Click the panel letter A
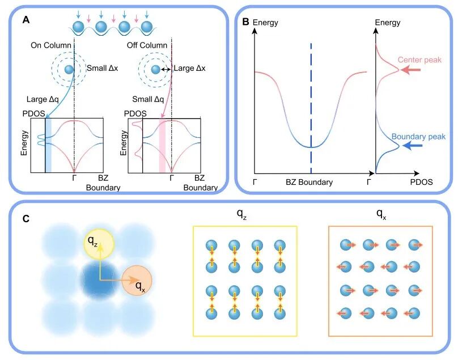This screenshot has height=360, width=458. point(26,20)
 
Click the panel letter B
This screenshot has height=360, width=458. point(246,22)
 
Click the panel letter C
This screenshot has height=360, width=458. point(26,219)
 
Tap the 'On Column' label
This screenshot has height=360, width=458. point(51,45)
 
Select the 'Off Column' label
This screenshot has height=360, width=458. point(147,45)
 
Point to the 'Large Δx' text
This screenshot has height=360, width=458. point(189,68)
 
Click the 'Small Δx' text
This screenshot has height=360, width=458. point(102,68)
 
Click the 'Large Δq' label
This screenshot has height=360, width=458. point(43,99)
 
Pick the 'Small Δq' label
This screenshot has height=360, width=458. point(148,99)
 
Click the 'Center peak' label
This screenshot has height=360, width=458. point(419,60)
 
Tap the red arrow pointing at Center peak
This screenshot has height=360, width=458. point(411,70)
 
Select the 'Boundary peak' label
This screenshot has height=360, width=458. point(418,137)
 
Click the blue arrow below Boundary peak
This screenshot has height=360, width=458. point(412,146)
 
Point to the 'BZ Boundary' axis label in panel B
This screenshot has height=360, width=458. point(309,182)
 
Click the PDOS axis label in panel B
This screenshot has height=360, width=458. point(421,182)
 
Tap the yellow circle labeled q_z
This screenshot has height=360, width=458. point(99,243)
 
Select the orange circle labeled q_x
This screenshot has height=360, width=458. point(137,281)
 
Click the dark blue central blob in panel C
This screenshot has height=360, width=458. point(100,281)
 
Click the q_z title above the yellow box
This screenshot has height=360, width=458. point(241,215)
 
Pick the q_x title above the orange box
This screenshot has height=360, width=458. point(381,215)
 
